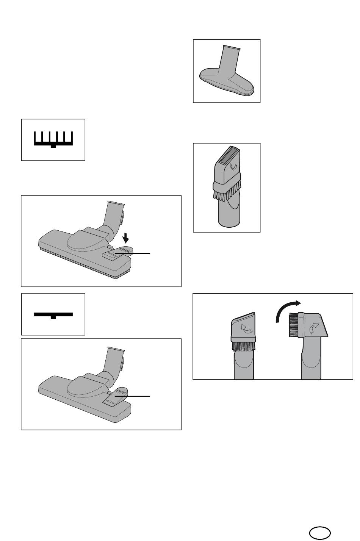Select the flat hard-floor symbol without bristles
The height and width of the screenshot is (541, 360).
coord(53,314)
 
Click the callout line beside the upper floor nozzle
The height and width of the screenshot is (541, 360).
coord(136,253)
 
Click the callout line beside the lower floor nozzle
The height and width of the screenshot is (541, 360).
coord(136,396)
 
